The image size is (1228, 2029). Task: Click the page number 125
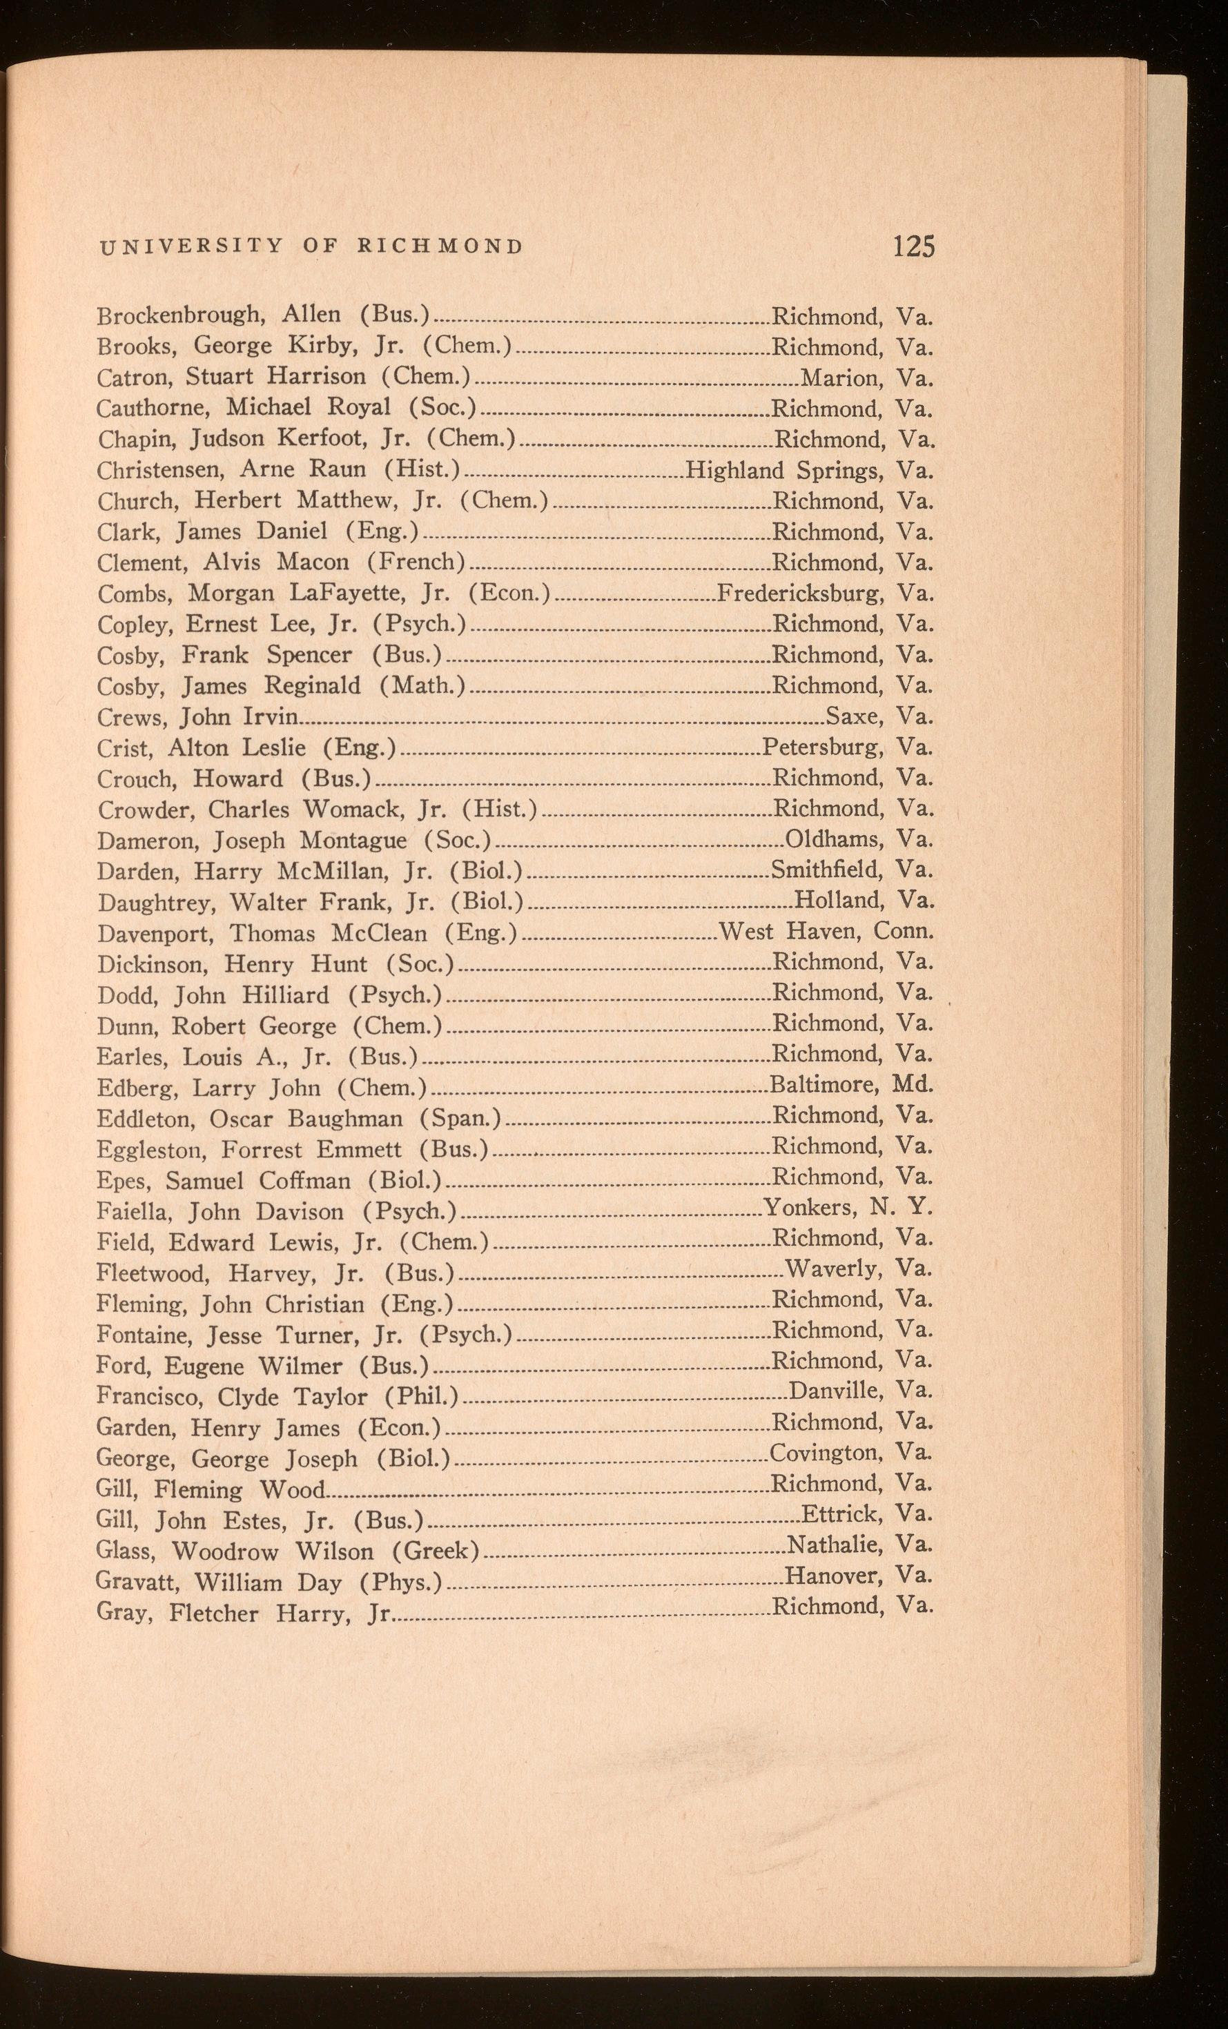[x=914, y=246]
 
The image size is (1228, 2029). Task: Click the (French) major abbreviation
[x=417, y=562]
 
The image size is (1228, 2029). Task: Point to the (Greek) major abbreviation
[x=436, y=1551]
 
